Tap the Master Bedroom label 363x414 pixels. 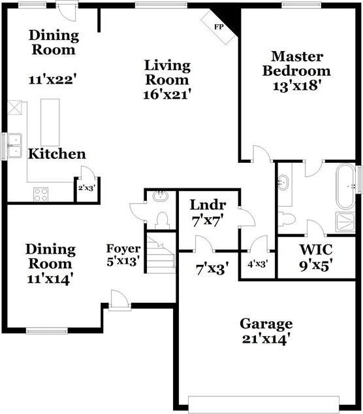coord(301,63)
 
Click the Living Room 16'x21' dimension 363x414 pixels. coord(167,94)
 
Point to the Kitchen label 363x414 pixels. coord(56,154)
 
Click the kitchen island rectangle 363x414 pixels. coord(50,122)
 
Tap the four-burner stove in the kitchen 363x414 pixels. coord(40,194)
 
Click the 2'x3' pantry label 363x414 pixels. coord(87,188)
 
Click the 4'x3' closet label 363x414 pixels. coord(259,265)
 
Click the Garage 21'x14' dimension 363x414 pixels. coord(266,339)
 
